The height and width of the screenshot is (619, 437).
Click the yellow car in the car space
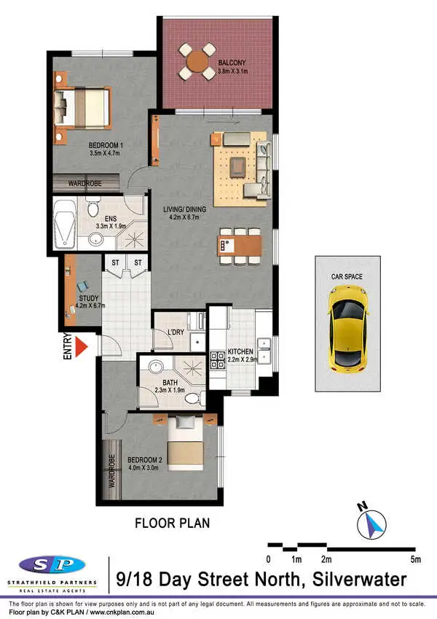point(347,326)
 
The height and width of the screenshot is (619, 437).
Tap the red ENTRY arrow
point(87,346)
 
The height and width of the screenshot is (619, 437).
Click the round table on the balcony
point(198,63)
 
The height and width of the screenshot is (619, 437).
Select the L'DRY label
point(176,333)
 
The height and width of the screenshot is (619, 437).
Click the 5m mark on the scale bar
point(416,560)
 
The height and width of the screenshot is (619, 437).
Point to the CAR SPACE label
point(347,276)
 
